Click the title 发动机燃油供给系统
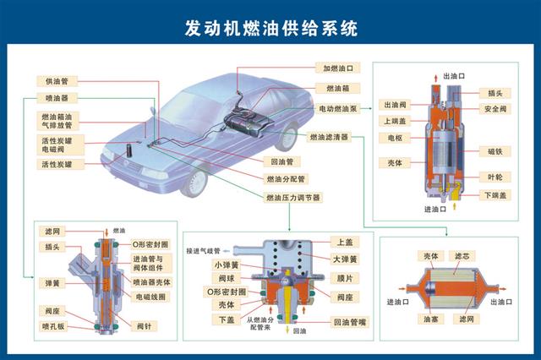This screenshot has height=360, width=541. click(270, 27)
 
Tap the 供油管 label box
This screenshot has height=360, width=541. click(57, 81)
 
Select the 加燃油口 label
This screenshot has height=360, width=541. click(337, 68)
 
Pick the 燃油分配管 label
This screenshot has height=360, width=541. click(286, 179)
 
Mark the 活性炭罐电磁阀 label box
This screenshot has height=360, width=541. click(58, 144)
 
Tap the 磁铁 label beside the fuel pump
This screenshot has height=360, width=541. click(495, 151)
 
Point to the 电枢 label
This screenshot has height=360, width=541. click(395, 138)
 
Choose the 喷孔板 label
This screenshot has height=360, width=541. click(52, 324)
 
